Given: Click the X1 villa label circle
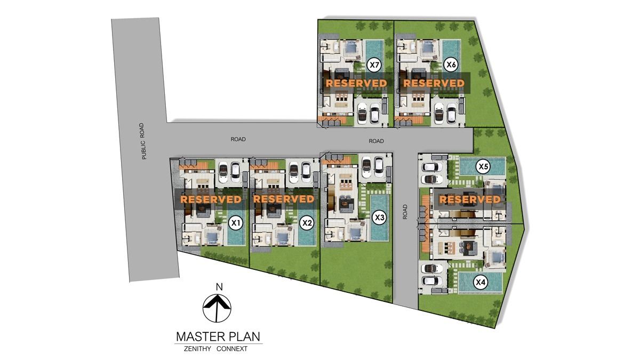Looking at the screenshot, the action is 235,223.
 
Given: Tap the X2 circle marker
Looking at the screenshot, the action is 307,223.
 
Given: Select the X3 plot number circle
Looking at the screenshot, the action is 379,218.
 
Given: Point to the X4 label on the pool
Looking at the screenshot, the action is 481,282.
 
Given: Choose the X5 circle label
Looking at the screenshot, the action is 483,166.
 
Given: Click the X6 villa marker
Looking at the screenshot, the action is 451,65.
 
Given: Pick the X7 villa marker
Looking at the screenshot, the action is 374,65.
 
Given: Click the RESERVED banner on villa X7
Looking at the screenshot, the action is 356,83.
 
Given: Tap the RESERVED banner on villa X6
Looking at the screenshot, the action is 434,83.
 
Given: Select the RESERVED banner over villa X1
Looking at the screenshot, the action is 211,199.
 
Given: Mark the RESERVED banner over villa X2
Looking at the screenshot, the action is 284,199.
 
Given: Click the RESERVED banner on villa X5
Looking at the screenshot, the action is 470,199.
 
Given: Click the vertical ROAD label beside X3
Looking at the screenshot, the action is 405,212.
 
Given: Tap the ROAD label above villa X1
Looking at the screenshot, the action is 238,139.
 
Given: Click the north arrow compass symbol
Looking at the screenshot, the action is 217,308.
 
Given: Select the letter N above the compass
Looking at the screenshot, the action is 219,287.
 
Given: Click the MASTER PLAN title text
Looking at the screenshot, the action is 218,337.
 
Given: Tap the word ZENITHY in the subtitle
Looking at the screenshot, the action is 197,349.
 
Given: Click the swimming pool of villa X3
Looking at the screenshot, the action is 380,218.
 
